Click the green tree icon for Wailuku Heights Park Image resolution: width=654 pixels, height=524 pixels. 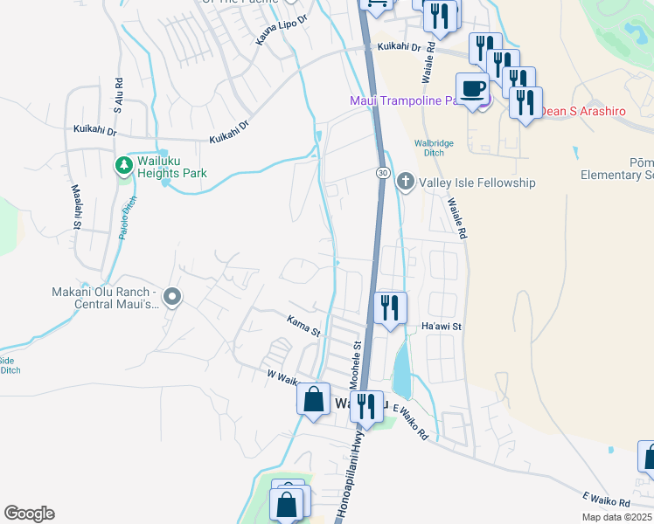pyautogui.click(x=124, y=164)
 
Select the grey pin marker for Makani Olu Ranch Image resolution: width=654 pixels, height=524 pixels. pyautogui.click(x=172, y=298)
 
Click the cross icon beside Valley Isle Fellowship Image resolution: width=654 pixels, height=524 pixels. pyautogui.click(x=405, y=183)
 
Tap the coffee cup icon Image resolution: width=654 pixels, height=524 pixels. pyautogui.click(x=473, y=89)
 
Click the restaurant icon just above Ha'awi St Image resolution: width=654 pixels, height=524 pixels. pyautogui.click(x=390, y=307)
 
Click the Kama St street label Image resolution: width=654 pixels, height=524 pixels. pyautogui.click(x=304, y=325)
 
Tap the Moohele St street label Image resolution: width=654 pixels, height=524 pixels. pyautogui.click(x=357, y=365)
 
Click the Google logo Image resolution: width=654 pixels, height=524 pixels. pyautogui.click(x=29, y=514)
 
